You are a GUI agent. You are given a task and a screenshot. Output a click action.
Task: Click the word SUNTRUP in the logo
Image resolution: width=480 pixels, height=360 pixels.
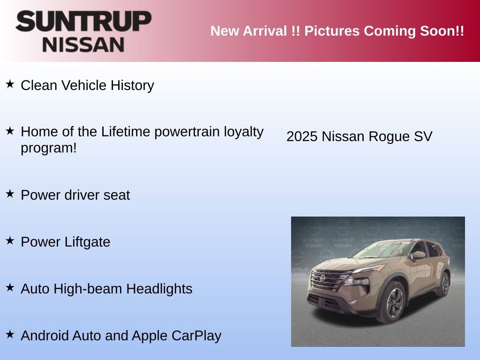click(x=83, y=22)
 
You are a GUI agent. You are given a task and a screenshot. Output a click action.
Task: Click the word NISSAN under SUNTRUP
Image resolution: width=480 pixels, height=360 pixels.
click(x=83, y=44)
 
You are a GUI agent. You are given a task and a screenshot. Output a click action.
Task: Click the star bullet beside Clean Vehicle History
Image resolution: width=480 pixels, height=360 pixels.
click(x=10, y=84)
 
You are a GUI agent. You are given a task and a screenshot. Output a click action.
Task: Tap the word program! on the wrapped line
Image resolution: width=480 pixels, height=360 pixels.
click(x=48, y=148)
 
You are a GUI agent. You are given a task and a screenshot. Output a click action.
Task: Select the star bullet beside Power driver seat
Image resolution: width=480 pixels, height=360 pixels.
click(x=10, y=194)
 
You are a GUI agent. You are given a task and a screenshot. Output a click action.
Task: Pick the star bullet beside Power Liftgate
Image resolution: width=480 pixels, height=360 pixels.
click(x=10, y=240)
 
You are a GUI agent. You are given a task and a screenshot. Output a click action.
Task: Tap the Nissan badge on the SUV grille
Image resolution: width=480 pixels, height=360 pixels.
click(x=323, y=278)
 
